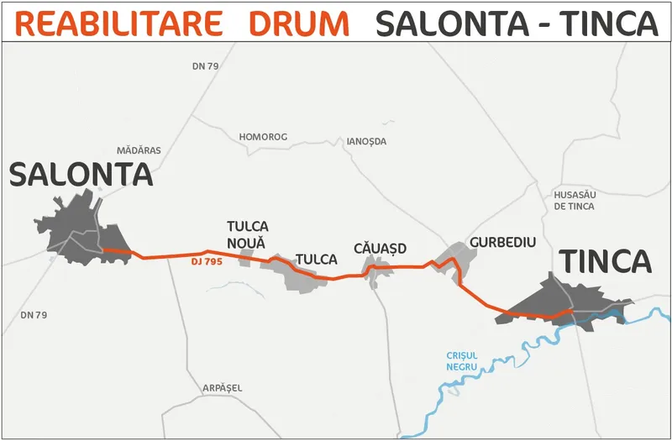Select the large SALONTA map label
tap(81, 175)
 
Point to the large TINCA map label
tap(606, 262)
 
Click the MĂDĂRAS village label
tap(139, 150)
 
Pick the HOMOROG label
tap(263, 137)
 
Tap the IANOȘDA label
tap(366, 141)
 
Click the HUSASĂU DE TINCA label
tap(575, 201)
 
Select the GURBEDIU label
tap(502, 242)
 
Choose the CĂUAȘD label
tap(381, 249)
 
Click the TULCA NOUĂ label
tap(248, 234)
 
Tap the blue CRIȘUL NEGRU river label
tap(462, 361)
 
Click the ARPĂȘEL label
tap(222, 388)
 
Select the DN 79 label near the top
tap(205, 66)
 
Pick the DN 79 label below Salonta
tap(34, 315)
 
